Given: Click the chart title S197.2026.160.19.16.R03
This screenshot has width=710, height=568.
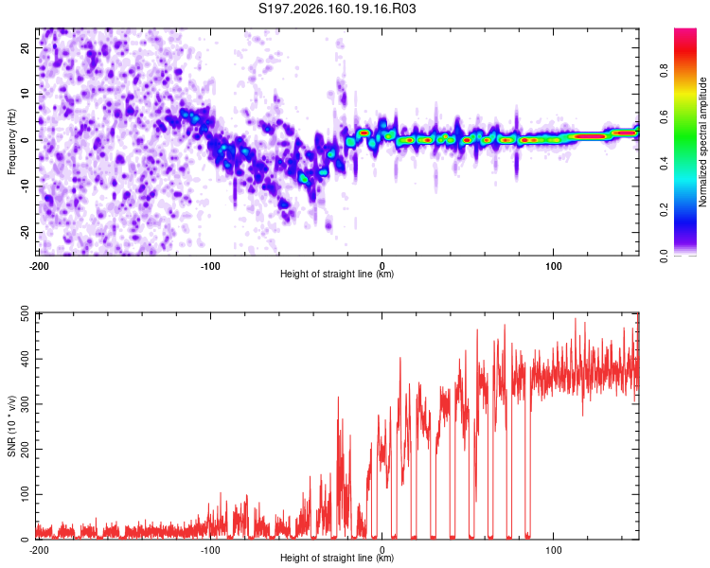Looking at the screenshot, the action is pyautogui.click(x=337, y=9).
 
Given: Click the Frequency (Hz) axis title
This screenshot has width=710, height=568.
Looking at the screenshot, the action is pyautogui.click(x=11, y=142).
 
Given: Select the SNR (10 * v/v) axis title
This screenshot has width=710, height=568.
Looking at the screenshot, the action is pyautogui.click(x=11, y=426).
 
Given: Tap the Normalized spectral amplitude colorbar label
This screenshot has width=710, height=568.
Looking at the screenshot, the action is pyautogui.click(x=702, y=142).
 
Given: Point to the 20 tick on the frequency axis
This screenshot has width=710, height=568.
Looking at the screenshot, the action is pyautogui.click(x=26, y=47).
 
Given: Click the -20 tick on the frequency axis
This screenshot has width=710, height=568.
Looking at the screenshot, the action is pyautogui.click(x=26, y=232).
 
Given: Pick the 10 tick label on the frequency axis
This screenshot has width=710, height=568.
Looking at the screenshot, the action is pyautogui.click(x=26, y=94).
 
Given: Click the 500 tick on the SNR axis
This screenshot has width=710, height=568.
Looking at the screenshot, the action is pyautogui.click(x=26, y=313).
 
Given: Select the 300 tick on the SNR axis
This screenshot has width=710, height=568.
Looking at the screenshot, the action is pyautogui.click(x=26, y=403).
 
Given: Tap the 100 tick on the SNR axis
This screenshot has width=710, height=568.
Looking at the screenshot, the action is pyautogui.click(x=26, y=494).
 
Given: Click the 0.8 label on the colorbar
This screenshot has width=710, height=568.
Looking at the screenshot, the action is pyautogui.click(x=664, y=71).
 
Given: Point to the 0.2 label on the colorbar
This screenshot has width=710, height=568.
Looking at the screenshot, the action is pyautogui.click(x=664, y=210).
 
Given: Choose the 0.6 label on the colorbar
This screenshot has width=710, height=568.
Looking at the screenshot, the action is pyautogui.click(x=664, y=116).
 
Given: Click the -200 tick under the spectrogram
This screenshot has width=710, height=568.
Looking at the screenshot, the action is pyautogui.click(x=39, y=266).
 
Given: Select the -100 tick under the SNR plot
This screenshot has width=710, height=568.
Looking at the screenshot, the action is pyautogui.click(x=210, y=550).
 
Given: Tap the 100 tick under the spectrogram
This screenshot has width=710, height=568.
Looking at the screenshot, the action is pyautogui.click(x=554, y=266).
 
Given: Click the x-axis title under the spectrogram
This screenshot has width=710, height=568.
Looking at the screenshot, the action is pyautogui.click(x=337, y=274).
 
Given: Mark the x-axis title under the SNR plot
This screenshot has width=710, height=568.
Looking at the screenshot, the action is pyautogui.click(x=337, y=558).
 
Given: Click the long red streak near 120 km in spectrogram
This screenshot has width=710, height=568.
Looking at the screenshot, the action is pyautogui.click(x=591, y=136).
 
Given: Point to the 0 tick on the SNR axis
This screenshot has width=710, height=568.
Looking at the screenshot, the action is pyautogui.click(x=26, y=539).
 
